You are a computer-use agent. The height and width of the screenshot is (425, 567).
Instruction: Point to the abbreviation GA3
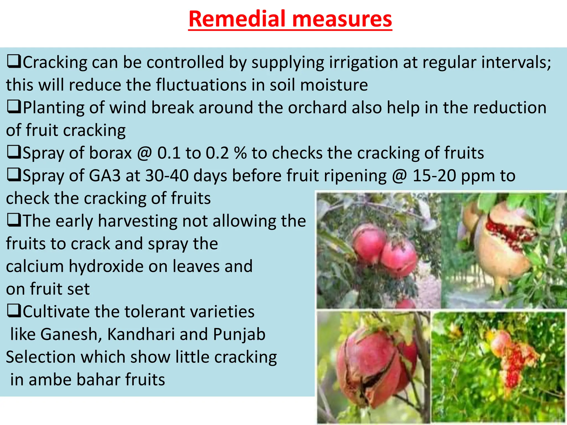click(x=105, y=176)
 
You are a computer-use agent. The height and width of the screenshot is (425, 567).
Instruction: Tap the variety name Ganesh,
click(x=71, y=335)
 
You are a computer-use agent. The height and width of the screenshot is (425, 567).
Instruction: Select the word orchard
click(x=317, y=108)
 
